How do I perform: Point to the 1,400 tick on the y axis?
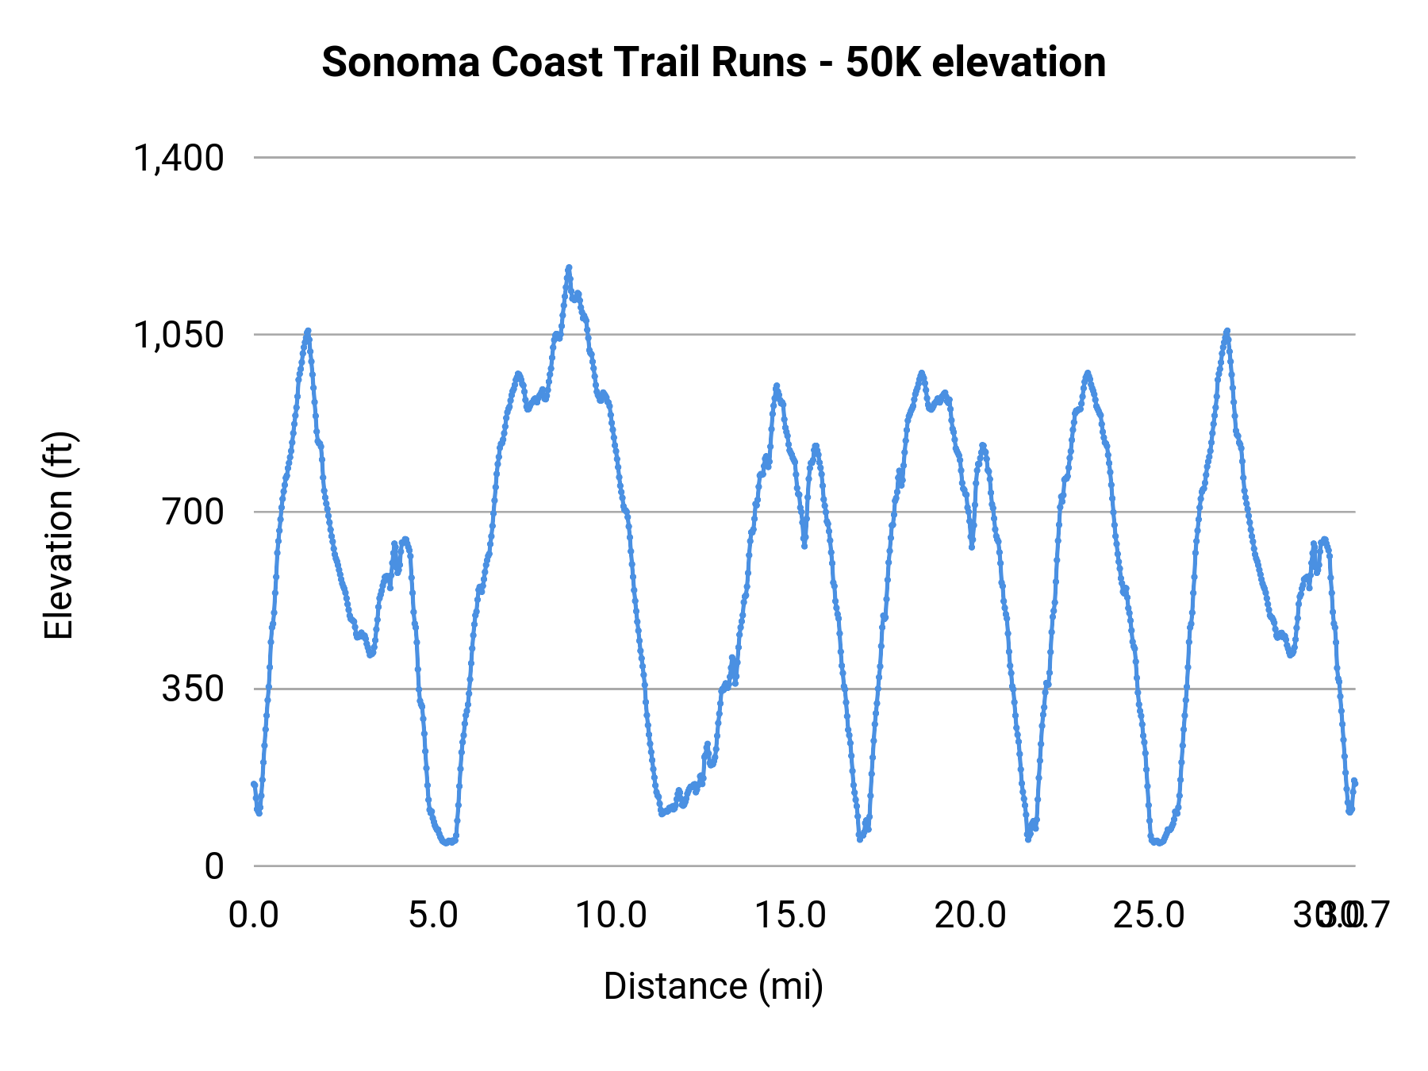[178, 158]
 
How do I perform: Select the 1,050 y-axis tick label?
[178, 335]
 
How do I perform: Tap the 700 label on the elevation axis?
[194, 512]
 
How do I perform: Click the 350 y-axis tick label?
[194, 689]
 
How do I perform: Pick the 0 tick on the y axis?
[214, 866]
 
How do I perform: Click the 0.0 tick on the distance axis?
[254, 915]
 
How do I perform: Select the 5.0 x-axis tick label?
[433, 915]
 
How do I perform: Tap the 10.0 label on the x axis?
[612, 915]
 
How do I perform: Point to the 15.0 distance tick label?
[791, 915]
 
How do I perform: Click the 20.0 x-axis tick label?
[970, 915]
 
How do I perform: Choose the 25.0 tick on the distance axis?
[1149, 915]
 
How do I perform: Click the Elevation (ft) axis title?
[59, 535]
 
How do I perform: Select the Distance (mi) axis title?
[713, 986]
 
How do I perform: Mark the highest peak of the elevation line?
[569, 267]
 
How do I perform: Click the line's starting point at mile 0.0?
[254, 784]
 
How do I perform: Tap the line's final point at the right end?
[1355, 781]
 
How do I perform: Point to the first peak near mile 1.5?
[308, 330]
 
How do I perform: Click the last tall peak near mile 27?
[1227, 330]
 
